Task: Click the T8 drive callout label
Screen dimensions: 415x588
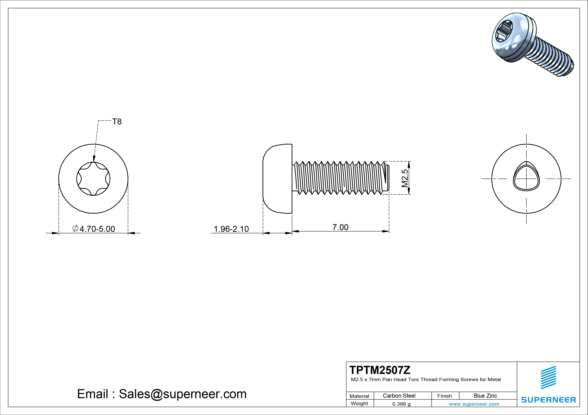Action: click(117, 122)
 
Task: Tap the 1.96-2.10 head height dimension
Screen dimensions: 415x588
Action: click(231, 229)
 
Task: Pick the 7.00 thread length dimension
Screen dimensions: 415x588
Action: click(340, 227)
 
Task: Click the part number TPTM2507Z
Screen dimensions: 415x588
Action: click(380, 370)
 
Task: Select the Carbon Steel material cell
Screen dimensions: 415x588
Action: click(399, 396)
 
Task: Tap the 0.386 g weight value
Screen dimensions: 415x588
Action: click(401, 404)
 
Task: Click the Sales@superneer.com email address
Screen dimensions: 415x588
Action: click(183, 394)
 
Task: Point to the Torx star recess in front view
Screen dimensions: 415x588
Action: click(93, 179)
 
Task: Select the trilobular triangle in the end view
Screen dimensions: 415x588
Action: click(526, 177)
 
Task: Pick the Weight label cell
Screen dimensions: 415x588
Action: click(359, 403)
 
